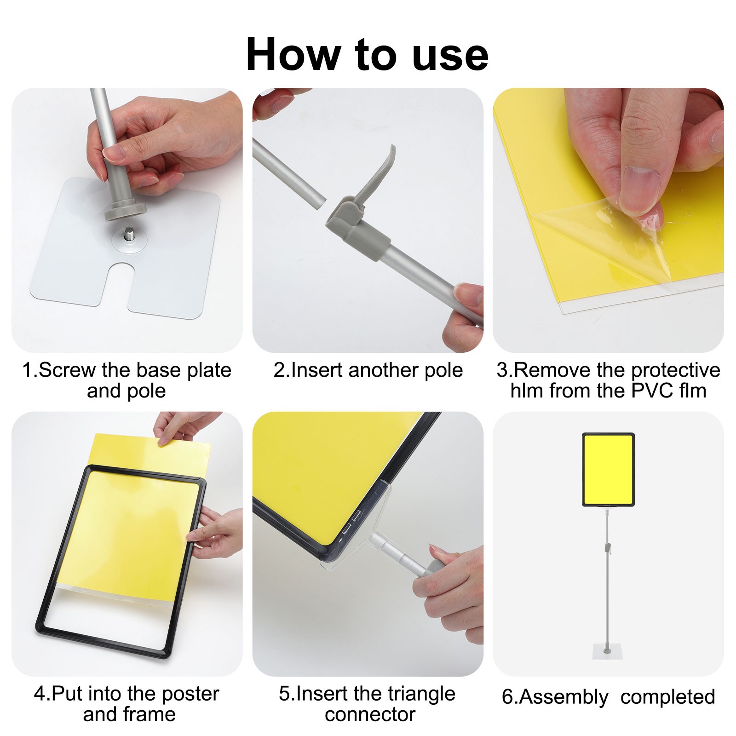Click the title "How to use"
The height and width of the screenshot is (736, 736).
click(367, 55)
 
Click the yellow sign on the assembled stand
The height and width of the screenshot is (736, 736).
click(608, 470)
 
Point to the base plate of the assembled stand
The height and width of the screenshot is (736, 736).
click(609, 652)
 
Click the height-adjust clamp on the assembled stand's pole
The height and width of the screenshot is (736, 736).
click(608, 548)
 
